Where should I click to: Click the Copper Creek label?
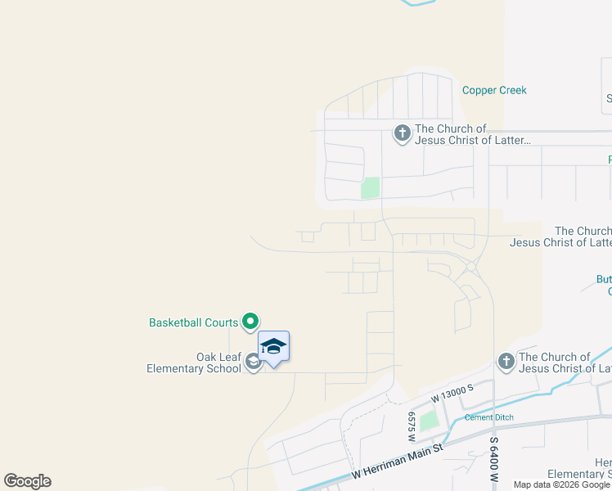[x=494, y=91]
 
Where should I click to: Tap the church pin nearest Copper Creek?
[x=402, y=133]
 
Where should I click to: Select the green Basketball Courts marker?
[x=251, y=322]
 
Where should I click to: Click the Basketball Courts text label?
[x=193, y=323]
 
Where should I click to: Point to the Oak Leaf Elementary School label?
[x=194, y=363]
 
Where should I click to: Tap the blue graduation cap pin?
[x=273, y=347]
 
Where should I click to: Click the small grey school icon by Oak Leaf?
[x=253, y=362]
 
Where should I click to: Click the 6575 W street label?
[x=412, y=425]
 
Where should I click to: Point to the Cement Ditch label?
[x=488, y=417]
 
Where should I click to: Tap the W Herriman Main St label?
[x=397, y=462]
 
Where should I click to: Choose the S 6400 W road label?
[x=493, y=463]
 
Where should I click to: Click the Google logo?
[x=27, y=481]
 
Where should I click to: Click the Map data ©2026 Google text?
[x=562, y=484]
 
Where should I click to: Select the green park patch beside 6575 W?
[x=429, y=421]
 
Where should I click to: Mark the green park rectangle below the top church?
[x=371, y=187]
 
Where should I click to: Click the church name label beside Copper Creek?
[x=473, y=134]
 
